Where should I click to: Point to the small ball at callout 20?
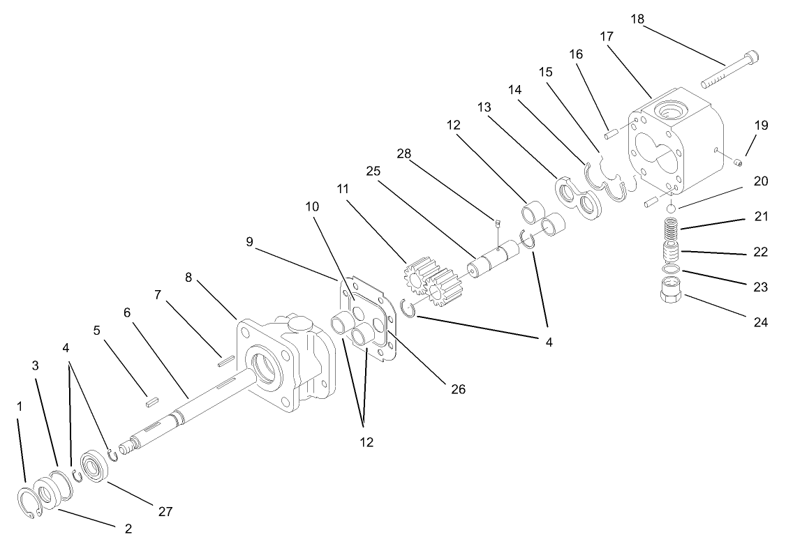[x=670, y=209]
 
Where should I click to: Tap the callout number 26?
[x=459, y=388]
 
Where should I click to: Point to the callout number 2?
[x=128, y=529]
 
